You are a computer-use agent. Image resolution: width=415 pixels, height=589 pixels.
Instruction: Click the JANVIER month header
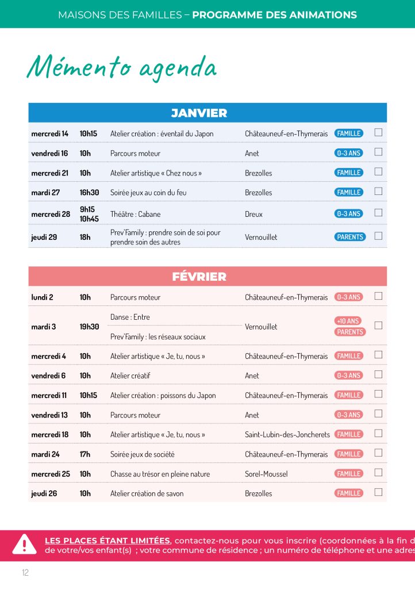click(199, 113)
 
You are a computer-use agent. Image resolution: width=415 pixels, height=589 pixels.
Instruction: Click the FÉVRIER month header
click(199, 277)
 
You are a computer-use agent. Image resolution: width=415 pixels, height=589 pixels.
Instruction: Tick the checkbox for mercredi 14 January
click(378, 133)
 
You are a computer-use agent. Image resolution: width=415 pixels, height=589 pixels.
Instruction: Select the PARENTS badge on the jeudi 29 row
click(350, 236)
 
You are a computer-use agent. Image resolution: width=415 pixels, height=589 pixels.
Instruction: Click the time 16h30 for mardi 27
click(89, 192)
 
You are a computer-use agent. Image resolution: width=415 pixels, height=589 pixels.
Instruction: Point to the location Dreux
click(253, 214)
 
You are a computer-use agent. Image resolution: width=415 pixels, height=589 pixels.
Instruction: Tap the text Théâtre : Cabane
click(135, 214)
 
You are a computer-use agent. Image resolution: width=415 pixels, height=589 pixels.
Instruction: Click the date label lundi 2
click(42, 297)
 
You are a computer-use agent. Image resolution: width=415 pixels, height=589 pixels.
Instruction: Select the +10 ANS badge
click(348, 321)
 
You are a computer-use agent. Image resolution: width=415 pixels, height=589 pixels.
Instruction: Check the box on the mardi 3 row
click(378, 326)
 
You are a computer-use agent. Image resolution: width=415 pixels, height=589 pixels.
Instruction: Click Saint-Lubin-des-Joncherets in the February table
click(287, 434)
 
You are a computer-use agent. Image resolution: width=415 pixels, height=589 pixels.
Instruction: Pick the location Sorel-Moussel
click(266, 474)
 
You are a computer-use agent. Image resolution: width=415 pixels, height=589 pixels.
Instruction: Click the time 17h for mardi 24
click(85, 454)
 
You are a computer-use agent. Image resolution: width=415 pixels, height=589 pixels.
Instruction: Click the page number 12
click(25, 572)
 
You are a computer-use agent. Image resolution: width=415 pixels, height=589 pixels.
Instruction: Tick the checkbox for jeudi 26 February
click(378, 492)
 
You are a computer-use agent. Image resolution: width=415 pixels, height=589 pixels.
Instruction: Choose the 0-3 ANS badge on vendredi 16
click(348, 153)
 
